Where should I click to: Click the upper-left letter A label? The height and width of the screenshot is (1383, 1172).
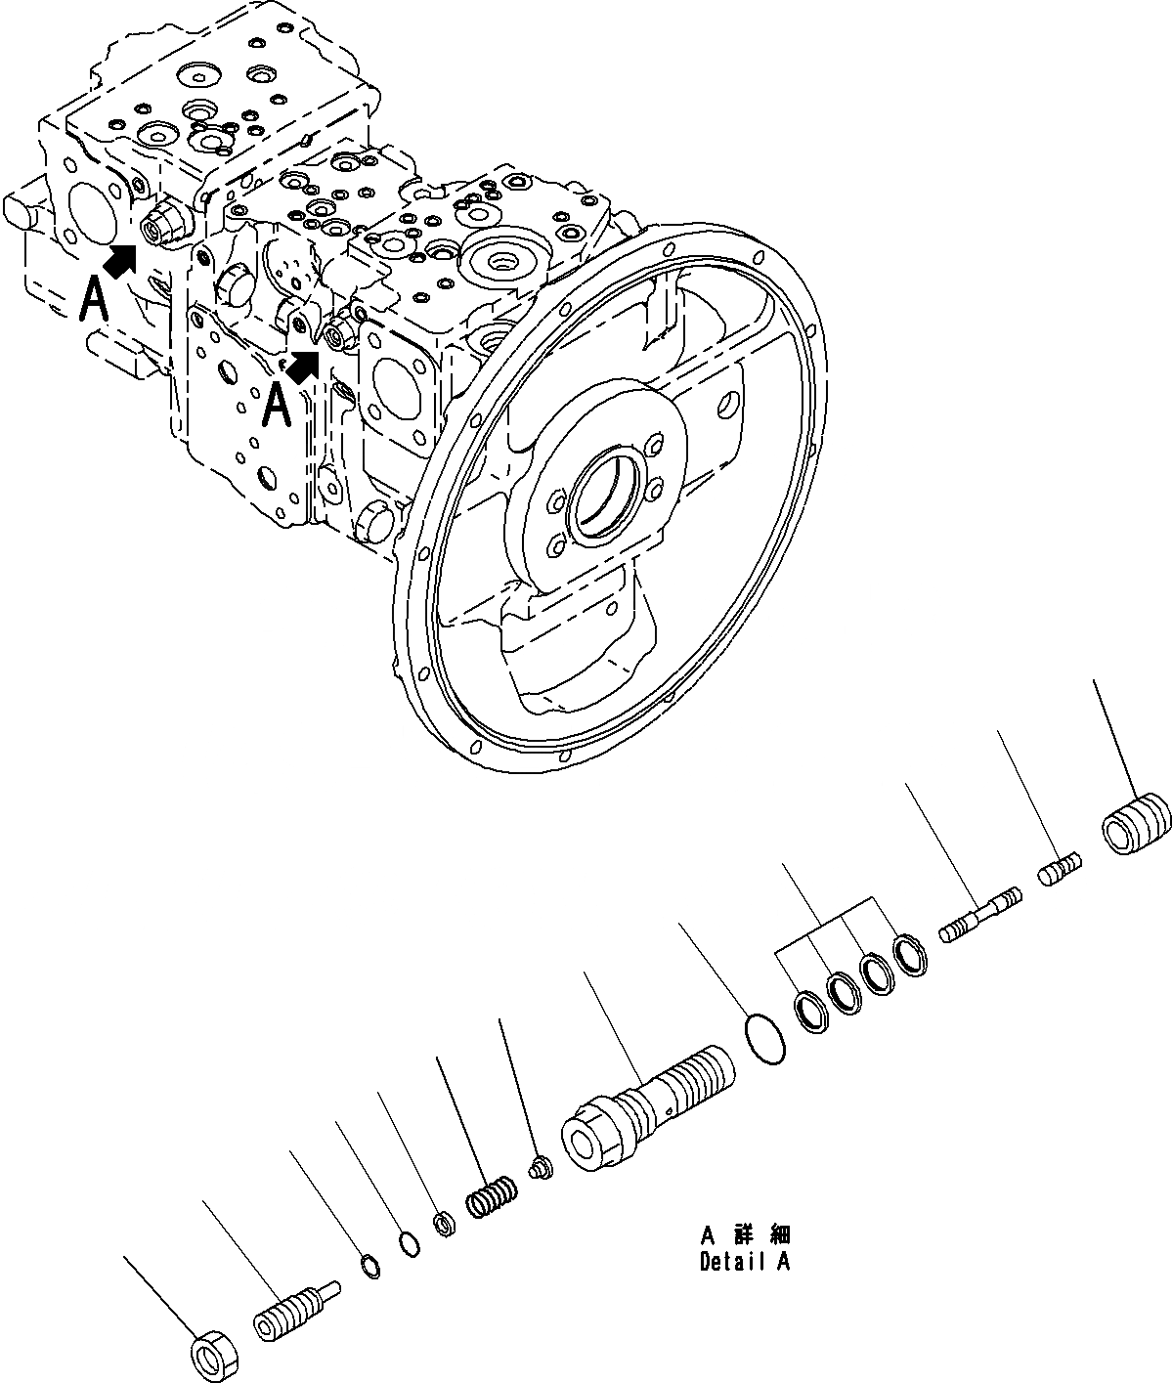click(95, 299)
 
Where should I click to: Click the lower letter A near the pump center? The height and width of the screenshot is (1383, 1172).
click(278, 405)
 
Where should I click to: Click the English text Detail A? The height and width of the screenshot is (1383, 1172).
click(744, 1262)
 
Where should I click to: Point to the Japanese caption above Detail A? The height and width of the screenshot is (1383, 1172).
click(745, 1235)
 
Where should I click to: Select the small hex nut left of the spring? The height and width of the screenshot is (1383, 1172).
click(443, 1223)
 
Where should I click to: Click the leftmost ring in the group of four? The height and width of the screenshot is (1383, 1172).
click(811, 1008)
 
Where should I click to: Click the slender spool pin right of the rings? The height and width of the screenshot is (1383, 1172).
click(979, 914)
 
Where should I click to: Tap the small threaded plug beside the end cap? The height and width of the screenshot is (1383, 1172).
click(1060, 869)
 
